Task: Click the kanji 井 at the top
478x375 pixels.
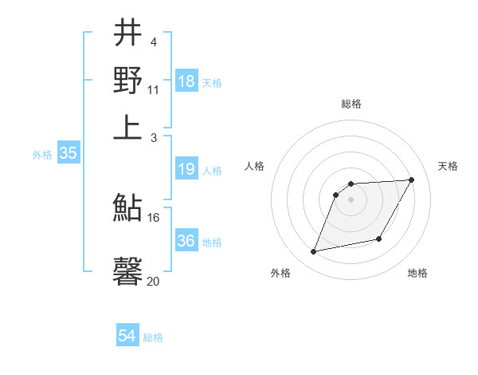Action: (128, 34)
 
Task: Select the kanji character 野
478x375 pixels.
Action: (128, 80)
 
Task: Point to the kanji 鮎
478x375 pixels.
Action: (128, 208)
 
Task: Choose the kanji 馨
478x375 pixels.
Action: (128, 270)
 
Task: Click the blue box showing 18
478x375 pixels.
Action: (186, 81)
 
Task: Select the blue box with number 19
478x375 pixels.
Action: (186, 169)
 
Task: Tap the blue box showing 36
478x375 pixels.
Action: (186, 241)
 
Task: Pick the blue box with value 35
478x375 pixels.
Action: (68, 154)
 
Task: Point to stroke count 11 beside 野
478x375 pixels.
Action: (154, 90)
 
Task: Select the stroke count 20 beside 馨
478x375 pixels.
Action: (154, 280)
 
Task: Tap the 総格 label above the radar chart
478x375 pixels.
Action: (351, 104)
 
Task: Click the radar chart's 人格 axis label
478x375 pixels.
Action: (255, 166)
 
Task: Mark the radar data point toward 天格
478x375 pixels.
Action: (412, 180)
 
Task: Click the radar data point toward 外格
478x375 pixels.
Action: (314, 252)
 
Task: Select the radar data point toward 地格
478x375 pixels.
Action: (379, 239)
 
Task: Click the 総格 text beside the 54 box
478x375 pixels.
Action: (153, 337)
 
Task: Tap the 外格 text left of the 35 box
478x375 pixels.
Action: (41, 156)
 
